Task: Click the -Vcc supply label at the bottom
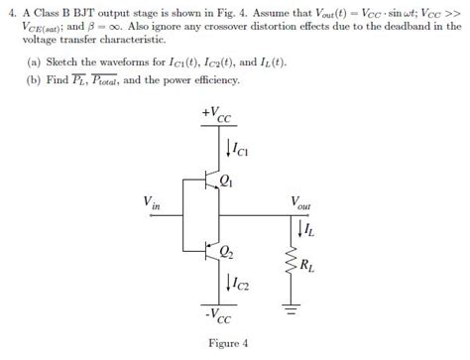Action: (212, 318)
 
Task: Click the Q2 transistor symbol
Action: (204, 251)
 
